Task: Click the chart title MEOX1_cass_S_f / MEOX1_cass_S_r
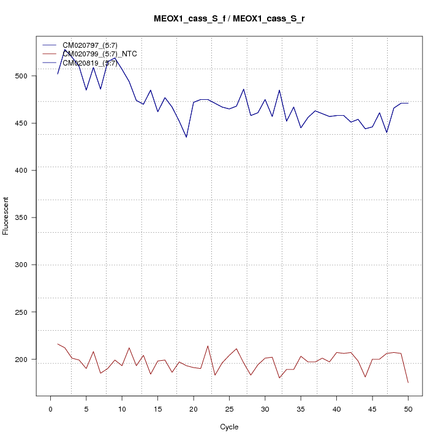[x=229, y=19]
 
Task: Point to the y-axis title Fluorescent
[x=6, y=216]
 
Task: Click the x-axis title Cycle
[x=229, y=427]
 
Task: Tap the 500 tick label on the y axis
[x=26, y=76]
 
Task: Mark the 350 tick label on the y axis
[x=26, y=217]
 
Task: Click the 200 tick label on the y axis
[x=26, y=359]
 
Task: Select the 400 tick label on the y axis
[x=26, y=170]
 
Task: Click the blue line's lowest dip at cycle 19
[x=186, y=137]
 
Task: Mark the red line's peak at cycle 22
[x=208, y=345]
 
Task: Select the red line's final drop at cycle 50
[x=408, y=383]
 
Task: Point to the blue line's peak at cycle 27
[x=244, y=89]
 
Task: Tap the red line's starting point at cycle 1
[x=58, y=344]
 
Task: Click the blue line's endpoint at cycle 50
[x=408, y=103]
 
